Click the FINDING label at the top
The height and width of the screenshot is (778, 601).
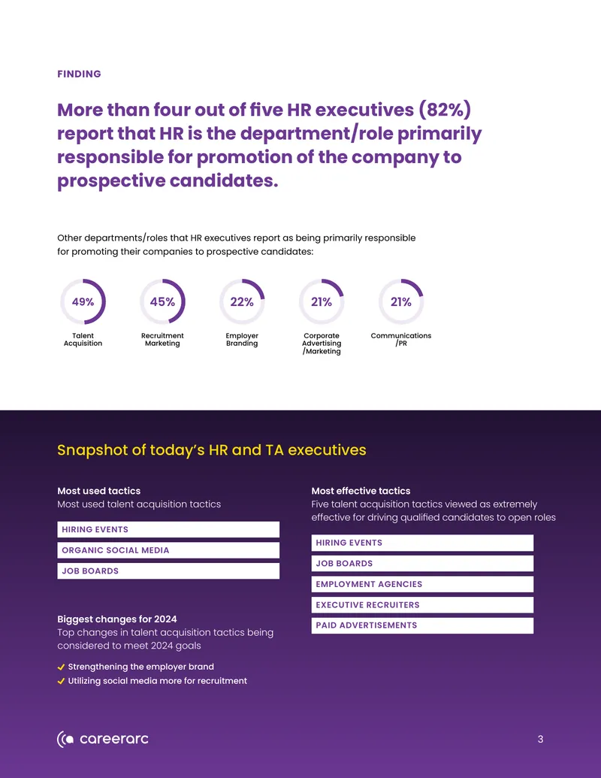79,74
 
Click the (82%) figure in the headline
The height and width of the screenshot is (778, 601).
444,110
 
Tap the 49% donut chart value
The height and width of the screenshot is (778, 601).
83,301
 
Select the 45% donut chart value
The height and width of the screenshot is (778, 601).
163,301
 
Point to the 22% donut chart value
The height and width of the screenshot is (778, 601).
242,301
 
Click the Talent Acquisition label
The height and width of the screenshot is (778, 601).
83,339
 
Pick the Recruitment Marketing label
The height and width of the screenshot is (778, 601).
163,339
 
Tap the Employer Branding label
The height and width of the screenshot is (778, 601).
242,339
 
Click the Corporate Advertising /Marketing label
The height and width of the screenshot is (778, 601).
322,344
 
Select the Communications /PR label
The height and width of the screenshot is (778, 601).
401,339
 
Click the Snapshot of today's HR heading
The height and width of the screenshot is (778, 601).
212,450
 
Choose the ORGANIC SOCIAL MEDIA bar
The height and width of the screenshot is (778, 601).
168,550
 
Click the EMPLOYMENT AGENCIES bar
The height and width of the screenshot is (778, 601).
422,584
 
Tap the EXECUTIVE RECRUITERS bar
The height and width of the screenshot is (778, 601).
422,605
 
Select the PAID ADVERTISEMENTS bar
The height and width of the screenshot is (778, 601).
422,625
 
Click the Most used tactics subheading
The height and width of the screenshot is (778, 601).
98,491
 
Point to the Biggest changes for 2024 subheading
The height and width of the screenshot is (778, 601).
117,619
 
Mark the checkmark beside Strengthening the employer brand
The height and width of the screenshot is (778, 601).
61,668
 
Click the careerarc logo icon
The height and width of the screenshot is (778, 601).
65,740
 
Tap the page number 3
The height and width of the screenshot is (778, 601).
540,740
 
